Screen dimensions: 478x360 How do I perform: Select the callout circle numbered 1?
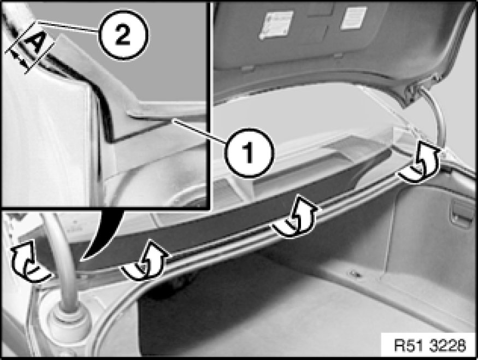[x=249, y=152]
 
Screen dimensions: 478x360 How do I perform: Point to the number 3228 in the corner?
[x=448, y=345]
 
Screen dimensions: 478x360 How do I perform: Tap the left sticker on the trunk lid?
[x=276, y=25]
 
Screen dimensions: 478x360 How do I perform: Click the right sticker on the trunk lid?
[x=353, y=17]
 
